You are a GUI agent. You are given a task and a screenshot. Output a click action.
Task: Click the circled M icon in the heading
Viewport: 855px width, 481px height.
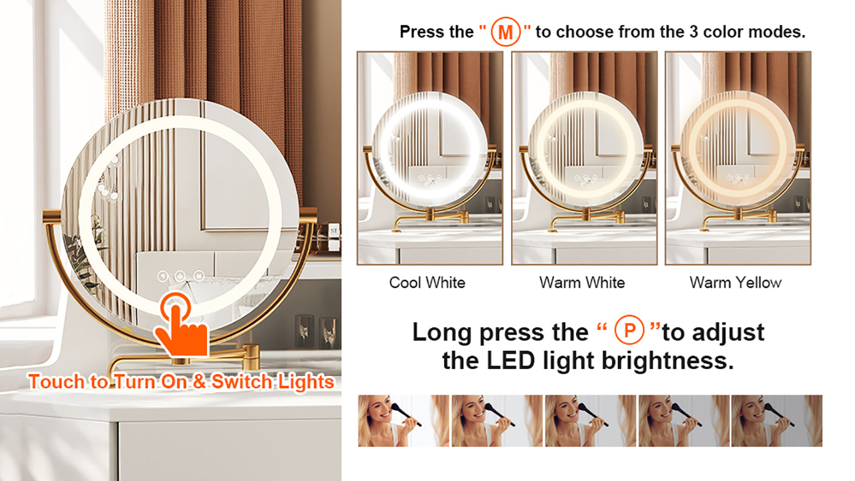pos(506,32)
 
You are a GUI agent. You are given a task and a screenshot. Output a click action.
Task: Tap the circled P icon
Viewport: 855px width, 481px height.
pos(629,330)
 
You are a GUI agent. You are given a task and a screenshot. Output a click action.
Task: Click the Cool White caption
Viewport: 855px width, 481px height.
pos(427,283)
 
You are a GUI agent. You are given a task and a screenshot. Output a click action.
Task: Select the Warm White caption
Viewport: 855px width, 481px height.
pos(582,283)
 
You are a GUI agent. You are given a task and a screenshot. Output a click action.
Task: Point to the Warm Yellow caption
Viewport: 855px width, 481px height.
pos(735,283)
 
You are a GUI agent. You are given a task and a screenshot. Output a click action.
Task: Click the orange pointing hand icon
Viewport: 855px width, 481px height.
pos(181,325)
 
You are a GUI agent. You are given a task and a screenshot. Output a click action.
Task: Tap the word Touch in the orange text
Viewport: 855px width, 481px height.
pos(57,381)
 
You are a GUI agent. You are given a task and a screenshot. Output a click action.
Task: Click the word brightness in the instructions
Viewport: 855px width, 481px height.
pos(668,361)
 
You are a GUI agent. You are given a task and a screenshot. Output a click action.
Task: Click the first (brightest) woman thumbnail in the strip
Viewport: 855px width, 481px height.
pos(404,421)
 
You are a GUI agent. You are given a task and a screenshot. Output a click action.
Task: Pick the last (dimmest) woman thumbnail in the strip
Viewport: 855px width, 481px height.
pos(777,421)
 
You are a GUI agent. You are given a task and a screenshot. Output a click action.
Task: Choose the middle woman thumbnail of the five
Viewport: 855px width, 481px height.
pos(590,421)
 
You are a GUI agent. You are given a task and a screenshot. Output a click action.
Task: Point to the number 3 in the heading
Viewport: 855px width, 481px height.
pos(693,32)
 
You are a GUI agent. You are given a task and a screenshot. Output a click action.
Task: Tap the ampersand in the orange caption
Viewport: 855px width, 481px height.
pos(199,381)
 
